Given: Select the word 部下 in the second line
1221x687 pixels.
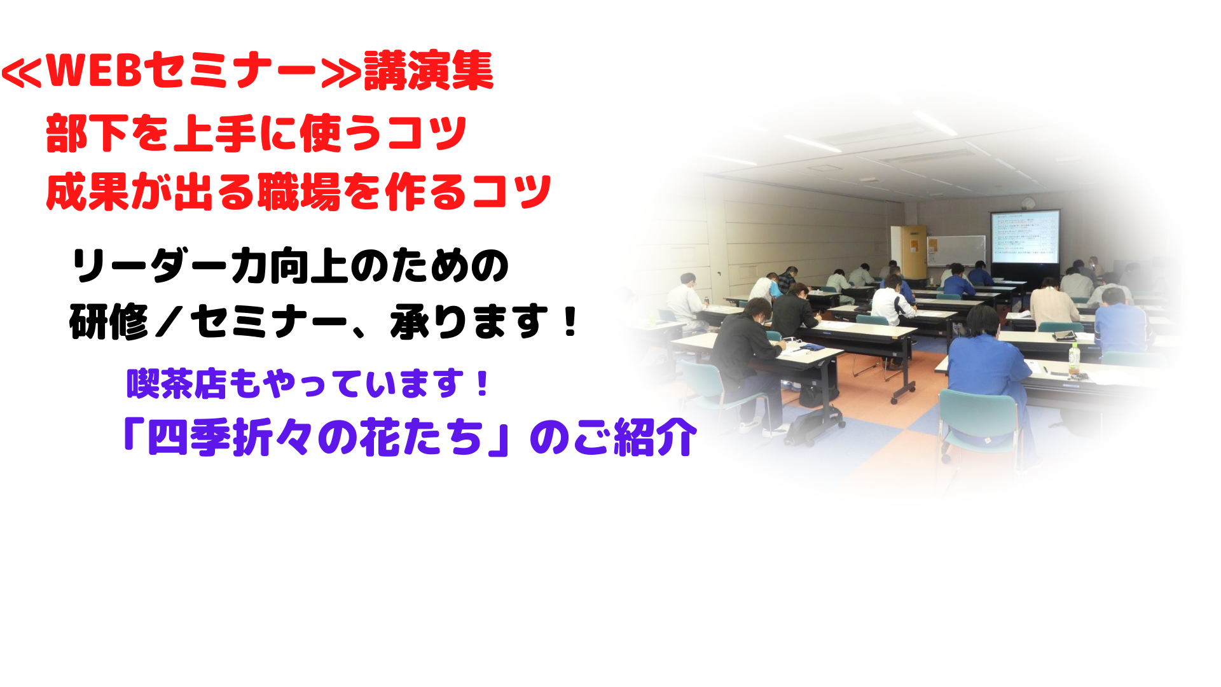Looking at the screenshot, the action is click(x=87, y=134).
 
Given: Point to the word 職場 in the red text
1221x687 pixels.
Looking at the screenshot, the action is click(x=299, y=191).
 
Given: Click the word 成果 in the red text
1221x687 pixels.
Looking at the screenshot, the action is click(x=87, y=191).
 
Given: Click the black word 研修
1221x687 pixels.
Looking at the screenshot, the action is click(x=109, y=322).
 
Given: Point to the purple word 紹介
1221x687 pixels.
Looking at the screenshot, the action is click(x=656, y=438).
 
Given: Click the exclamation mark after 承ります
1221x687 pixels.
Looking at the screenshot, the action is click(x=570, y=322).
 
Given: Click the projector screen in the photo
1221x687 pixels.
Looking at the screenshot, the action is click(x=1024, y=237).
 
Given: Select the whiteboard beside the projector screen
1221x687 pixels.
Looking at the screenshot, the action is click(x=956, y=250).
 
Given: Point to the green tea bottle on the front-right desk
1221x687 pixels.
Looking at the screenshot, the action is click(x=1073, y=359).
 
